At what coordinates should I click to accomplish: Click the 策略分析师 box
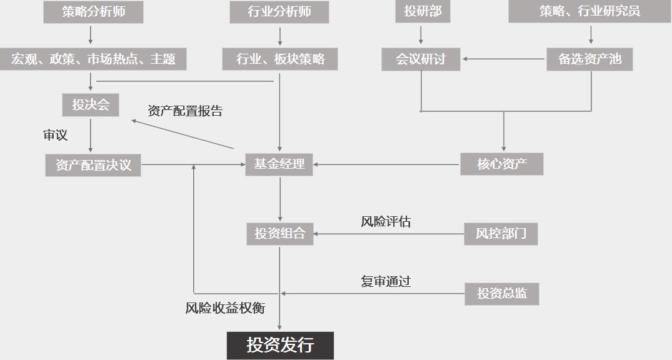click(x=93, y=12)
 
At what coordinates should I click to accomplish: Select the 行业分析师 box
click(x=279, y=12)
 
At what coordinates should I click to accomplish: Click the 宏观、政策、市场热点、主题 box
click(x=93, y=59)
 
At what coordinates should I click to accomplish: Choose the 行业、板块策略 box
click(x=280, y=59)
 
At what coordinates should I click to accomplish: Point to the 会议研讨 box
click(x=421, y=59)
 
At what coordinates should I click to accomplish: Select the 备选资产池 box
click(x=589, y=59)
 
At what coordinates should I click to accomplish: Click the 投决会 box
click(x=91, y=105)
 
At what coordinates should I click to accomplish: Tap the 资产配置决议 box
click(x=93, y=165)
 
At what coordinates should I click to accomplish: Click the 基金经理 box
click(x=279, y=164)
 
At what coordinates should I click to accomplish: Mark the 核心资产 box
click(x=502, y=164)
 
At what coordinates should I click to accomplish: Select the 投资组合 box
click(x=280, y=234)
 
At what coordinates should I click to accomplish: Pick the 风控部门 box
click(x=501, y=234)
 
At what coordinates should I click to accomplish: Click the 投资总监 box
click(x=502, y=294)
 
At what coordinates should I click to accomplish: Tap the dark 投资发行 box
click(x=280, y=346)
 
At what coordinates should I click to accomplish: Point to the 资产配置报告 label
click(x=185, y=111)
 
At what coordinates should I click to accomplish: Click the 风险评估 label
click(x=386, y=222)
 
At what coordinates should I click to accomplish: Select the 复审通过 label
click(x=386, y=282)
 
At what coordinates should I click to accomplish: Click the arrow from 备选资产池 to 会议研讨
click(x=504, y=59)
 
